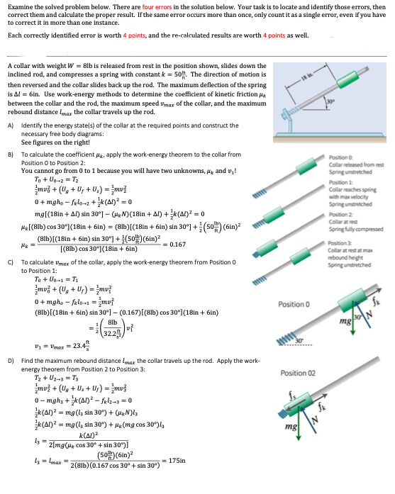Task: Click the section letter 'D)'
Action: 10,361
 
